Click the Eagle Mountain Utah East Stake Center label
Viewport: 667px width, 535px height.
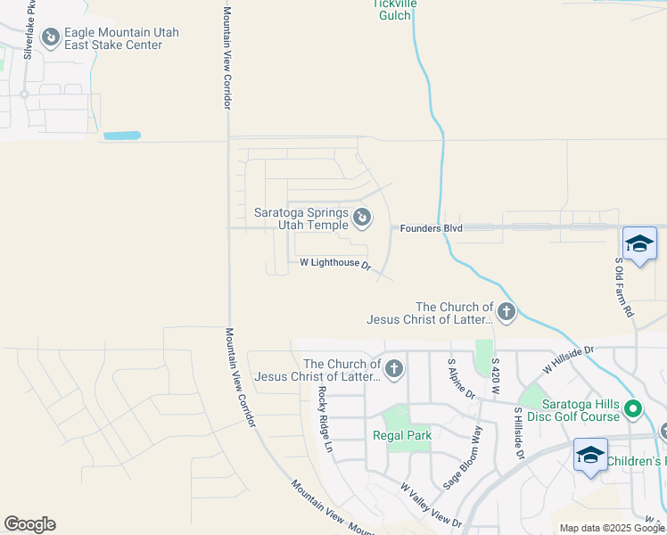click(121, 39)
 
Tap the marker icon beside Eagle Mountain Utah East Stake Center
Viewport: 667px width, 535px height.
click(51, 37)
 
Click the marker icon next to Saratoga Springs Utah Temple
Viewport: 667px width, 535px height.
click(362, 217)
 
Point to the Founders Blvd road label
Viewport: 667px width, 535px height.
click(431, 228)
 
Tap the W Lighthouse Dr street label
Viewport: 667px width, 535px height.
click(335, 263)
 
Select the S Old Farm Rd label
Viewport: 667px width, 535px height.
click(624, 287)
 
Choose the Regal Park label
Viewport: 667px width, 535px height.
click(402, 435)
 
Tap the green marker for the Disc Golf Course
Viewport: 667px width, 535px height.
click(633, 410)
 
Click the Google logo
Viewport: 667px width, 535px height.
click(29, 524)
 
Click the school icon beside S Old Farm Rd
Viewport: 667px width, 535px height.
click(639, 243)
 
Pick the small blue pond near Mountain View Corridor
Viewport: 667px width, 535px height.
click(122, 136)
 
